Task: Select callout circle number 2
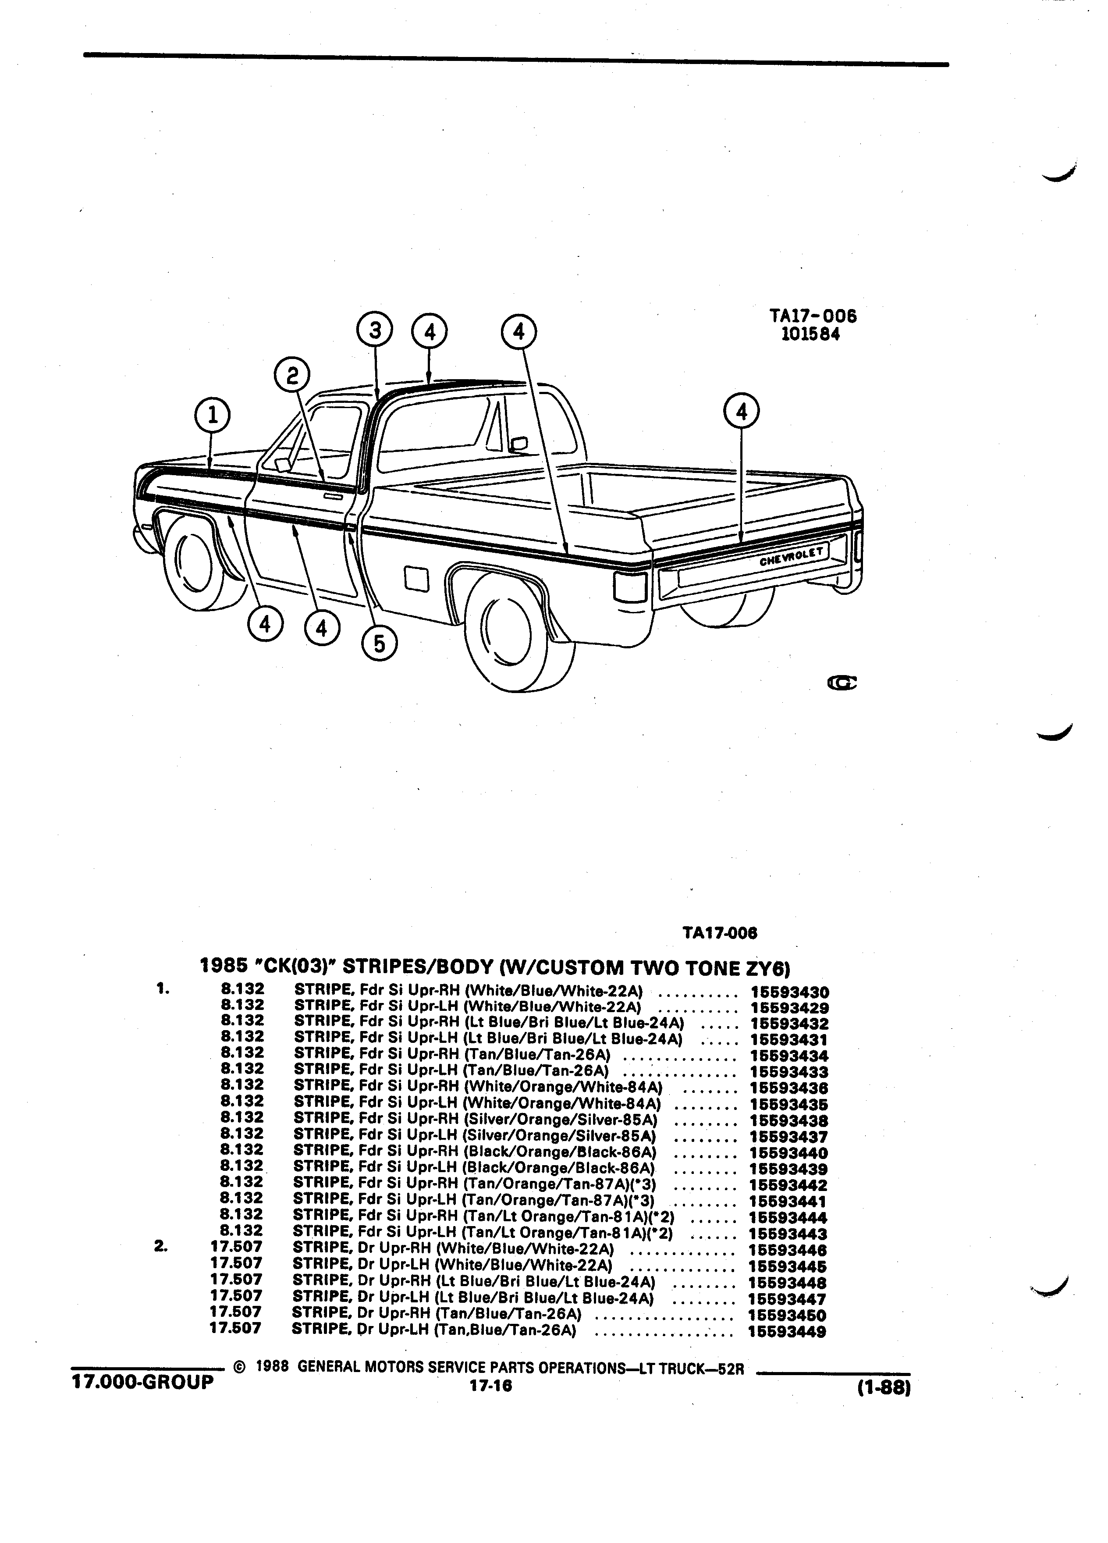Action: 292,376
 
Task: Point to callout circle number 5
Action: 380,643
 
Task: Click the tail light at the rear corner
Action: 629,586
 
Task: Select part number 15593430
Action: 789,992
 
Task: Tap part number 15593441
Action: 788,1202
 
